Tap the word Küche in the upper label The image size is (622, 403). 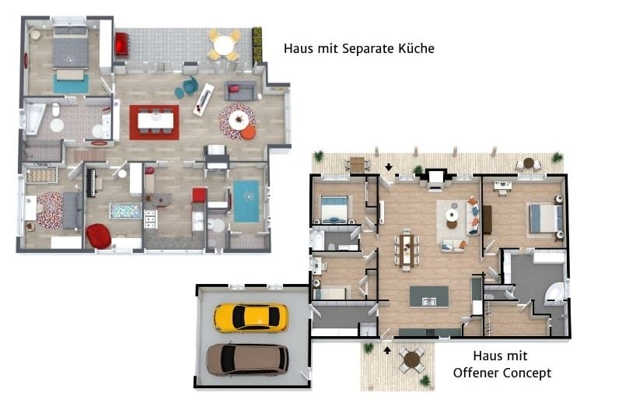pyautogui.click(x=415, y=49)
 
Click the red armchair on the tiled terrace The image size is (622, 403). pyautogui.click(x=121, y=44)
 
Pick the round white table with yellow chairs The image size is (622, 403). pyautogui.click(x=225, y=44)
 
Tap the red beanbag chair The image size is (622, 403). pyautogui.click(x=99, y=236)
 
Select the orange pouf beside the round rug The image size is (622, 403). pyautogui.click(x=248, y=133)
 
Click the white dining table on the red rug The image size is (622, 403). pyautogui.click(x=154, y=120)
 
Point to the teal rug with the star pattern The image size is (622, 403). pyautogui.click(x=246, y=201)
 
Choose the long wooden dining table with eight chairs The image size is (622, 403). pyautogui.click(x=406, y=249)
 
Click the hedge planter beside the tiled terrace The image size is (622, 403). pyautogui.click(x=257, y=47)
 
